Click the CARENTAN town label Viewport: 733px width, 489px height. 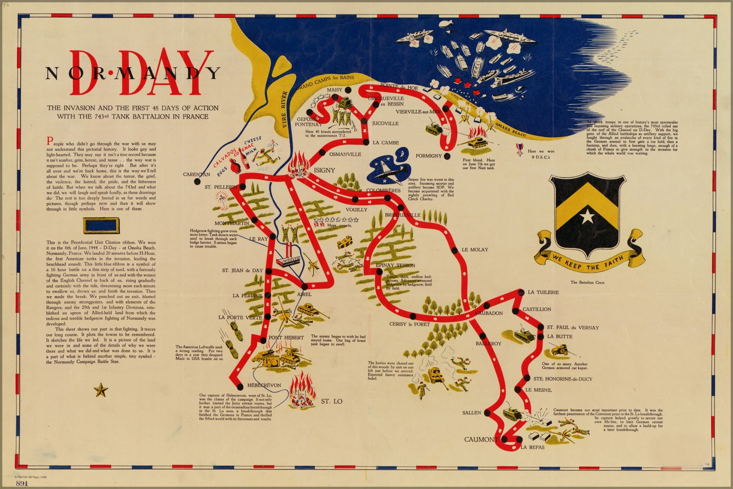(196, 174)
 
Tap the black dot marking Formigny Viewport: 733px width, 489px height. (447, 156)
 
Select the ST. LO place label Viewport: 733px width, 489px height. (331, 401)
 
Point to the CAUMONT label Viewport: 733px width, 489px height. (481, 439)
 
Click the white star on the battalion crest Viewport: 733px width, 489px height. (587, 216)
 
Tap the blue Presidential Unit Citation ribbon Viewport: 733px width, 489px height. (101, 226)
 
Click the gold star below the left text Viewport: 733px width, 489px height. (101, 391)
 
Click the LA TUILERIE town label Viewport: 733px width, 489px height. (543, 292)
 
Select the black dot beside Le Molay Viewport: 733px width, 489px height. (455, 249)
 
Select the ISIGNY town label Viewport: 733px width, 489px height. (324, 170)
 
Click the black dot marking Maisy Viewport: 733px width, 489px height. (348, 90)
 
